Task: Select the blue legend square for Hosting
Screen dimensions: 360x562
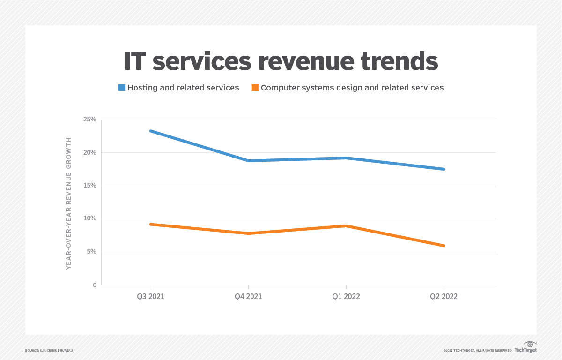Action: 122,88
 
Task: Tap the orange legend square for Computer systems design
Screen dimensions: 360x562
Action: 255,88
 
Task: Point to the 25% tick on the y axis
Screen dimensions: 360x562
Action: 90,120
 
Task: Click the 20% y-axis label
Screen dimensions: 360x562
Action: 90,153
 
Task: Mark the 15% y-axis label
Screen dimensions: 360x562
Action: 90,186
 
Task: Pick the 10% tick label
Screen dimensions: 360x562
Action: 90,219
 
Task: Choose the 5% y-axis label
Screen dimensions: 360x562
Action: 91,252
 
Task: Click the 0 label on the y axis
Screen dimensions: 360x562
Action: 94,285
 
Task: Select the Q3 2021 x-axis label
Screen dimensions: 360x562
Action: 150,297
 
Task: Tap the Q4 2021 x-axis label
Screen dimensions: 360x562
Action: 248,297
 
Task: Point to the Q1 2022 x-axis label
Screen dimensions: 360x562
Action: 346,297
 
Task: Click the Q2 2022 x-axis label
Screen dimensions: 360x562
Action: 444,297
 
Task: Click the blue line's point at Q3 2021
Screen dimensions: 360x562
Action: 150,131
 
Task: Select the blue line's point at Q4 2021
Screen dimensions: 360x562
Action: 248,161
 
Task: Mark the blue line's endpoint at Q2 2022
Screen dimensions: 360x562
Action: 444,169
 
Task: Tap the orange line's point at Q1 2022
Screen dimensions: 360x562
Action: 346,226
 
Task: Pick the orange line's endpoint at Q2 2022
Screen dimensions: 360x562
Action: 444,246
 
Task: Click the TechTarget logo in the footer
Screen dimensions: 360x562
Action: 525,348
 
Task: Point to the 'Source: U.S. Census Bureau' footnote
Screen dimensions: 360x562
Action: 49,350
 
